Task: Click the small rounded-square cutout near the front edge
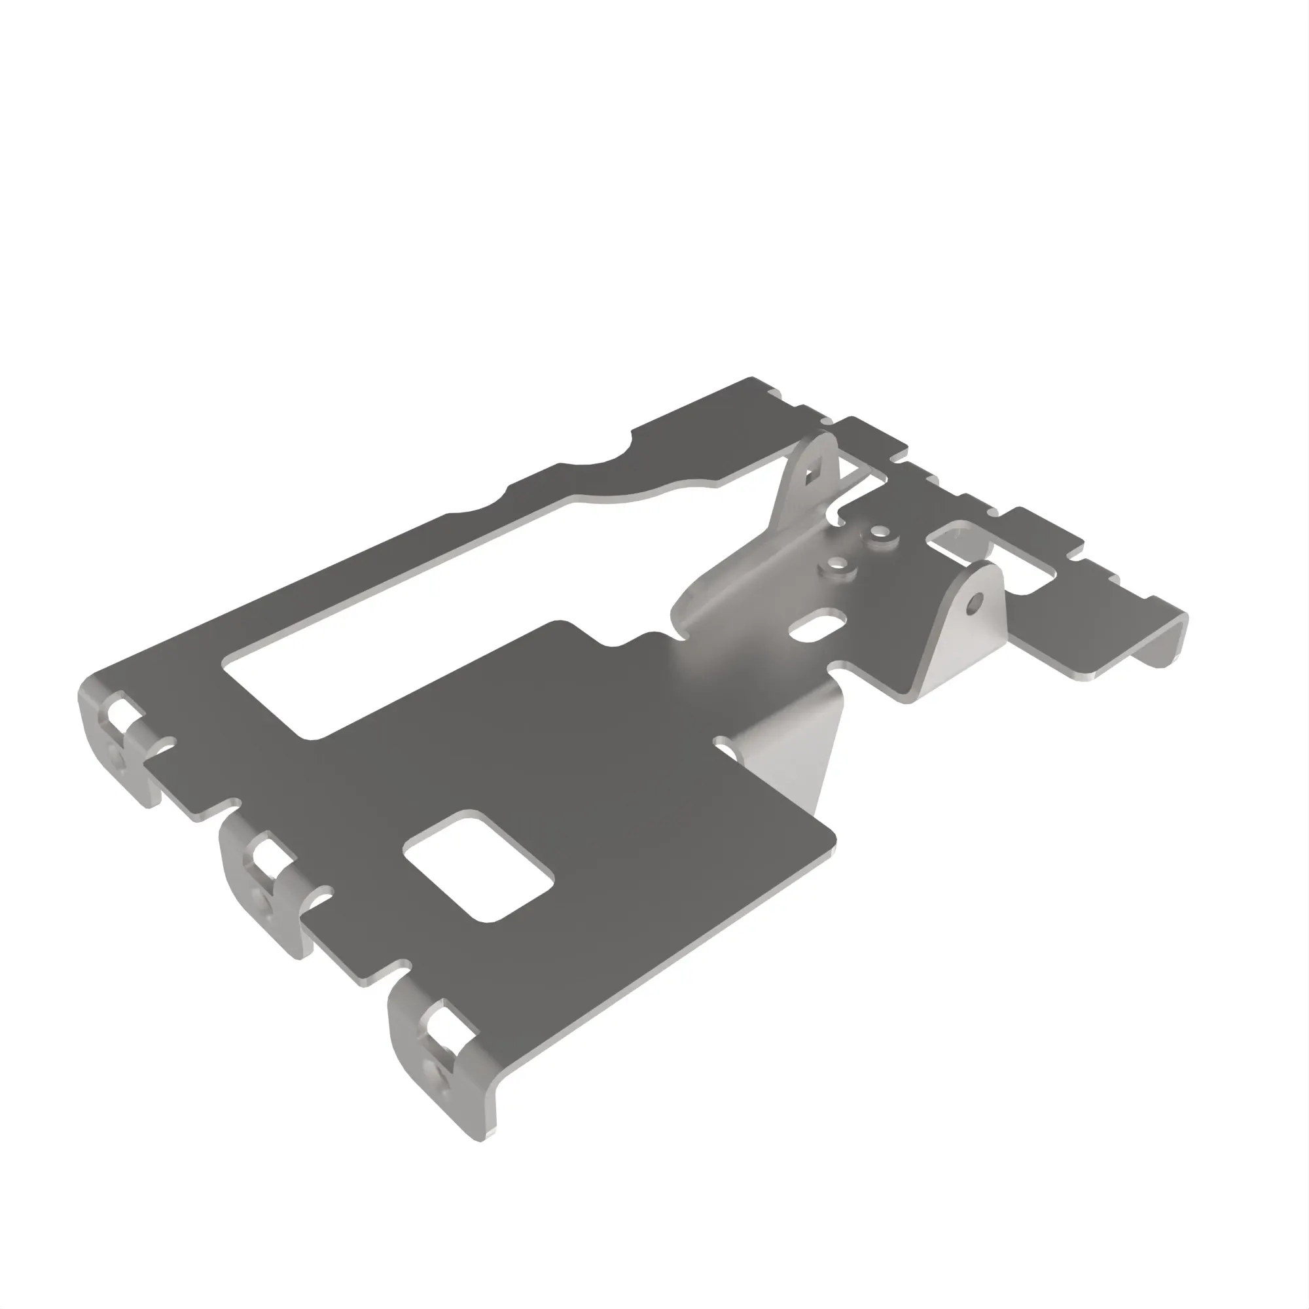[478, 867]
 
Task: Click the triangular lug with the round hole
[962, 630]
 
